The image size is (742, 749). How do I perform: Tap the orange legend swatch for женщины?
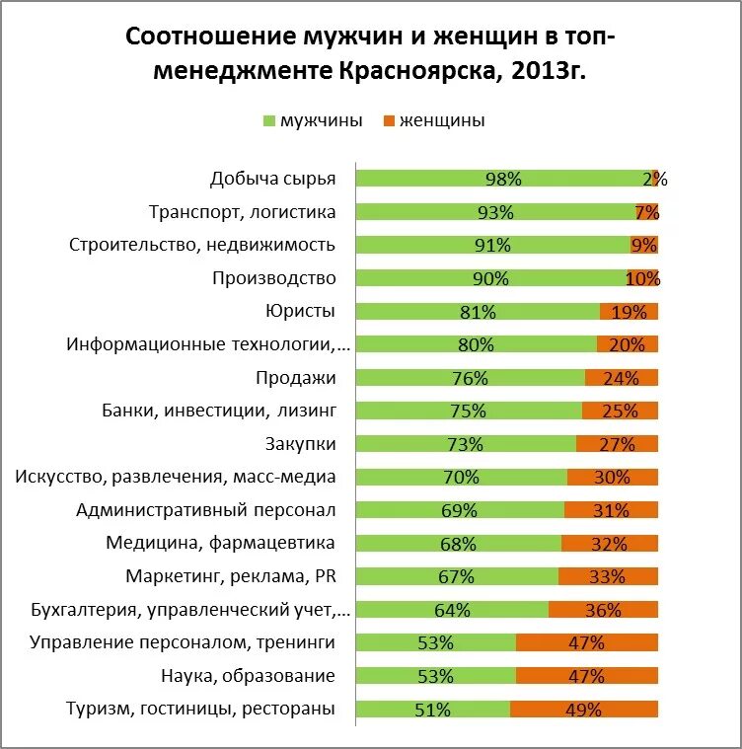pos(388,121)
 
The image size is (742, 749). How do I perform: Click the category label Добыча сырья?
pos(272,179)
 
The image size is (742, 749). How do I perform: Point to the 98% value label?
pos(503,179)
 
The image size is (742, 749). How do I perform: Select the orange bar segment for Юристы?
pos(629,312)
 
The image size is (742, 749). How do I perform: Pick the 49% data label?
pos(584,709)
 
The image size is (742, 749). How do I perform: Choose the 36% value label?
pos(602,610)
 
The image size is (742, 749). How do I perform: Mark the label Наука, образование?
pos(247,676)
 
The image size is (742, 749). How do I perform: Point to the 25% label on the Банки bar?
pos(619,411)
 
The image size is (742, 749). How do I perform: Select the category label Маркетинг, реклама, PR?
pos(230,576)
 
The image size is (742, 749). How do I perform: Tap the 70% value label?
pos(461,477)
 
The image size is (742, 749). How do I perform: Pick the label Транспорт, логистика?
pos(242,212)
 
